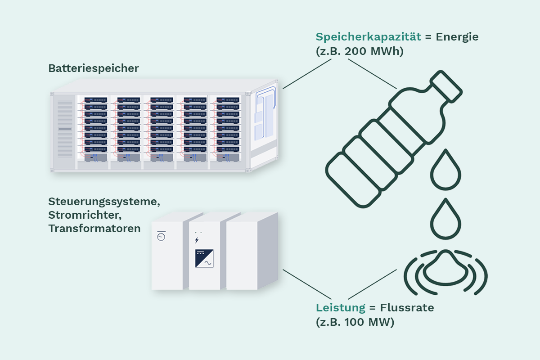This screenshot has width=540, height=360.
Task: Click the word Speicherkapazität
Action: pos(369,37)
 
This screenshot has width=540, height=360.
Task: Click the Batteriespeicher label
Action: pos(94,68)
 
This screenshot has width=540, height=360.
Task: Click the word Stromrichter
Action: pos(84,215)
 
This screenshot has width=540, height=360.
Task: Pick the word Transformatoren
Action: pos(94,229)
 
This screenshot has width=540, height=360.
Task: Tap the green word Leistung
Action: pos(341,308)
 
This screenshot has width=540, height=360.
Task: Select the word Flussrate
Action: pos(407,308)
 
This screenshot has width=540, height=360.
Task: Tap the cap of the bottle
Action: pos(446,86)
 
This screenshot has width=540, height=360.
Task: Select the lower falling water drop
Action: pos(445,219)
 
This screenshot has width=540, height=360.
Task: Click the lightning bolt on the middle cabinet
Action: pos(197,240)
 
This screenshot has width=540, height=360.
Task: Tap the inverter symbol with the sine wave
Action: pos(204,258)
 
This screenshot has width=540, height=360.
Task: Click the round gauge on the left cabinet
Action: pos(161,237)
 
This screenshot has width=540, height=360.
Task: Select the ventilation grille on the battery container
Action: pos(65,129)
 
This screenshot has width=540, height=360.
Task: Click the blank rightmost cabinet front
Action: pos(242,256)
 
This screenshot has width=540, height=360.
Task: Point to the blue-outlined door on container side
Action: pos(265,113)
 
